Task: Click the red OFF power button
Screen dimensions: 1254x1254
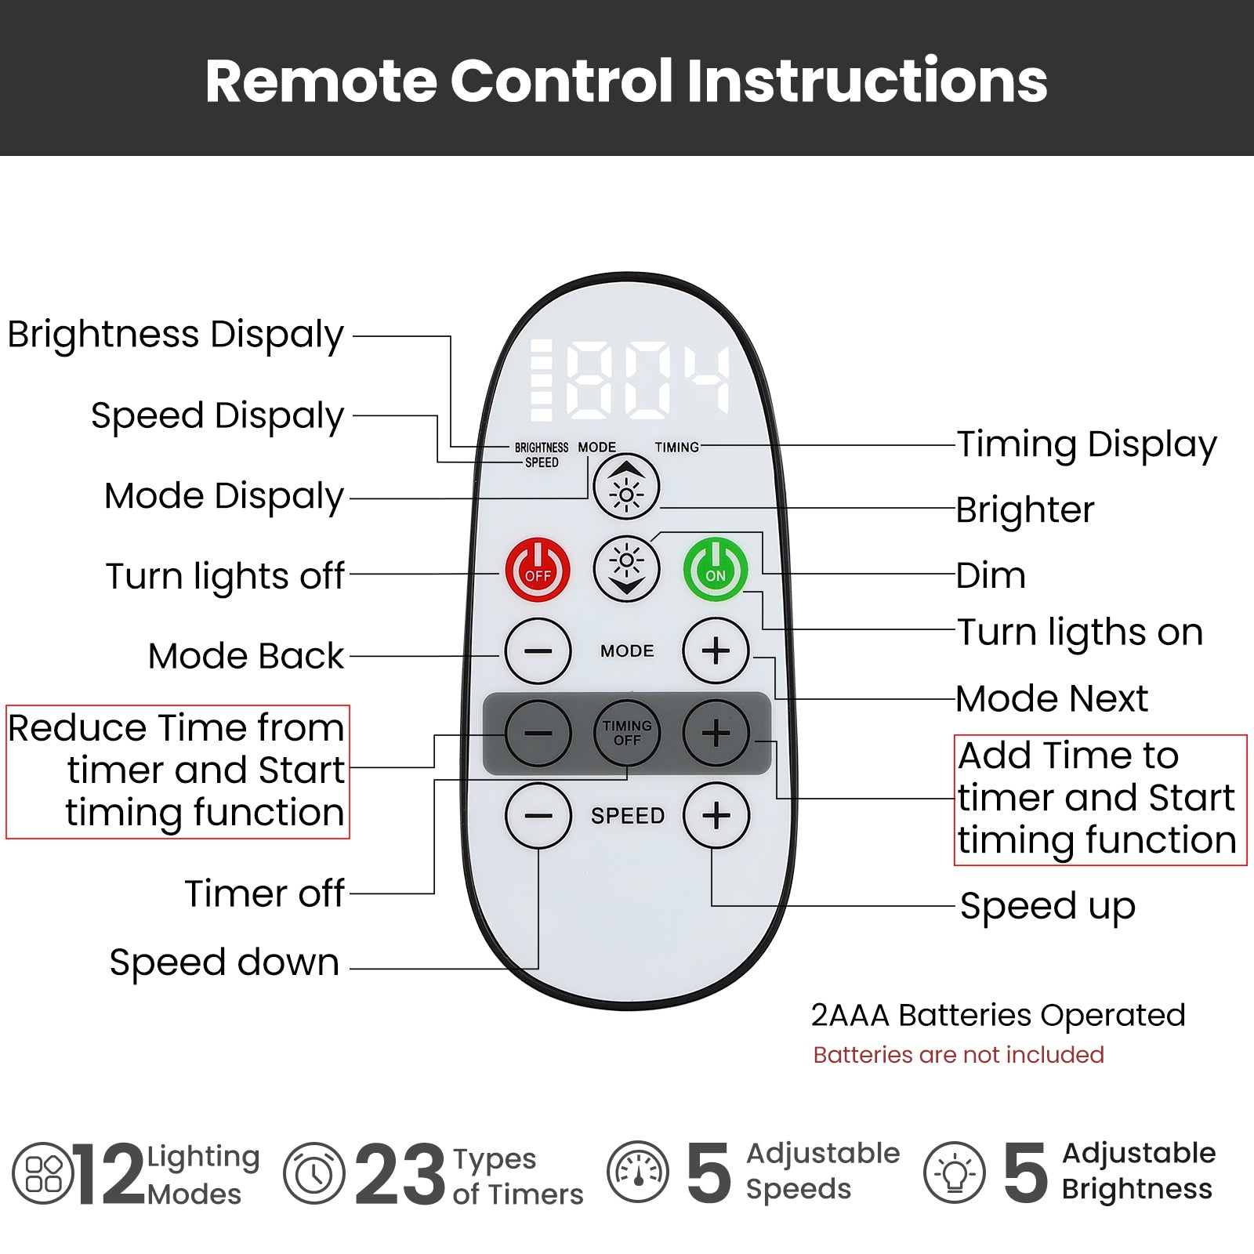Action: (x=538, y=570)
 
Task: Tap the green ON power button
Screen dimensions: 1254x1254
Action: (x=716, y=570)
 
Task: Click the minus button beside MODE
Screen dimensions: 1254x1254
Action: (x=538, y=651)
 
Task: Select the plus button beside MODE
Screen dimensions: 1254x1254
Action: (x=716, y=651)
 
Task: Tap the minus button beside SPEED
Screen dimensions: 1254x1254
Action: (x=538, y=816)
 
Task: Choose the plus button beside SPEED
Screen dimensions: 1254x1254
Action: (x=716, y=816)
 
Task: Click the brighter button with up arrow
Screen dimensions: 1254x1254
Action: (x=626, y=487)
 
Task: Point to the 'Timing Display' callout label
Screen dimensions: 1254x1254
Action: (x=1086, y=445)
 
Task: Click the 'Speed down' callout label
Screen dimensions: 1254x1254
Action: (x=224, y=962)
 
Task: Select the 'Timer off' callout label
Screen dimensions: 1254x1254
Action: (x=264, y=893)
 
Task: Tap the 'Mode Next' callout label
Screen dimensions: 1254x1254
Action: (x=1052, y=698)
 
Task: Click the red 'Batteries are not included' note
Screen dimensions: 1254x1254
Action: (x=959, y=1055)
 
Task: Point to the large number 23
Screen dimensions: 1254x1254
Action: (x=400, y=1174)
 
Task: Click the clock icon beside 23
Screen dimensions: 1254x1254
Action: (x=314, y=1173)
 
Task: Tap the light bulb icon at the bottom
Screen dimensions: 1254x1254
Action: (x=955, y=1173)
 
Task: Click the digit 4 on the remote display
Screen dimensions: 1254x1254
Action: (x=706, y=379)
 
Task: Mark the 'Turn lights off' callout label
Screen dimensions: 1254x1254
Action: (x=225, y=576)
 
